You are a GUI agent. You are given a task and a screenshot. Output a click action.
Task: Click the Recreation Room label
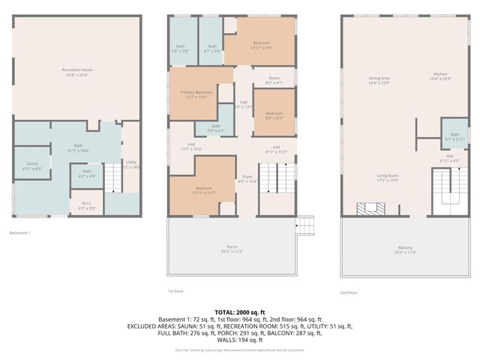(x=76, y=73)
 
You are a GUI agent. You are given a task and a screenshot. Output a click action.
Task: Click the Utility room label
(x=131, y=164)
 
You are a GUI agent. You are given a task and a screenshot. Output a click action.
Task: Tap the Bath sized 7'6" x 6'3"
(x=215, y=128)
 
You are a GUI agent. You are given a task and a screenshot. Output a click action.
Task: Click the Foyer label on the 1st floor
(x=247, y=178)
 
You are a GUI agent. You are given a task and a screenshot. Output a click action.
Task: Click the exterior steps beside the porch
(x=304, y=225)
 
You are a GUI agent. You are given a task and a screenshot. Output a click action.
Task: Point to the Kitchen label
(x=439, y=76)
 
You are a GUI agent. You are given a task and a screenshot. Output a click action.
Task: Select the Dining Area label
(x=379, y=80)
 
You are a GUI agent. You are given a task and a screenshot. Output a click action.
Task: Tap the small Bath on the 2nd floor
(x=454, y=136)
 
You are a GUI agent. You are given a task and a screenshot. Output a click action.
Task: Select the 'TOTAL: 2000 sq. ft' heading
(x=240, y=310)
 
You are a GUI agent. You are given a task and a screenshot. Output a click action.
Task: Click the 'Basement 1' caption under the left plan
(x=20, y=233)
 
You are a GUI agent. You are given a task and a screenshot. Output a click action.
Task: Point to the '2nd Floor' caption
(x=350, y=293)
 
